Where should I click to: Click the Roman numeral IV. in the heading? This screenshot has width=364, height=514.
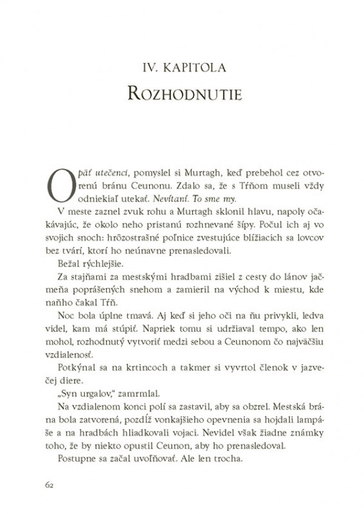click(145, 66)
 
